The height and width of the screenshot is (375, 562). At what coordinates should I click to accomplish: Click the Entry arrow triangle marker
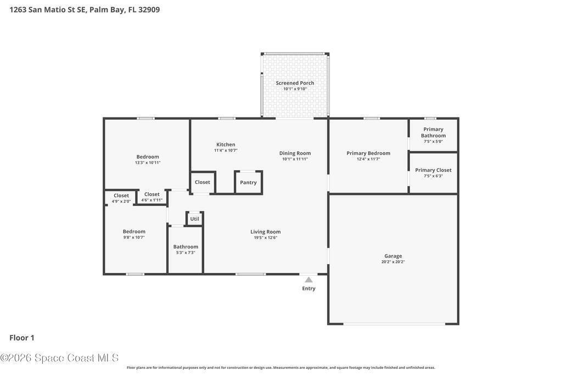click(308, 279)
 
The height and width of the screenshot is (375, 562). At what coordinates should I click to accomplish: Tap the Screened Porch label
click(295, 83)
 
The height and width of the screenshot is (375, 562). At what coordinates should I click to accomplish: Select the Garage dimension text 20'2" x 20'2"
click(393, 262)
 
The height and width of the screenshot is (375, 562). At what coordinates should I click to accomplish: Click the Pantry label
click(249, 182)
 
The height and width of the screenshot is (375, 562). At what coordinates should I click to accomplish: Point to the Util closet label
click(195, 219)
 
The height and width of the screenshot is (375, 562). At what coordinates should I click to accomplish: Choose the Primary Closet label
click(434, 170)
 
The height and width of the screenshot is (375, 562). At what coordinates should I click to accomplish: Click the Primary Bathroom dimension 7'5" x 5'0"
click(434, 141)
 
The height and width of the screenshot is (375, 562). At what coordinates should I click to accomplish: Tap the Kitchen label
click(226, 144)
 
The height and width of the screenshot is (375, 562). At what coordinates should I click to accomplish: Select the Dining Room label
click(295, 153)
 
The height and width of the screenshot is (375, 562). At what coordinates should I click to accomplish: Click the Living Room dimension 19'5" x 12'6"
click(266, 237)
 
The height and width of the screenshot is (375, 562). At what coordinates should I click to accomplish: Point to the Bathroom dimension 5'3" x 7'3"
click(186, 253)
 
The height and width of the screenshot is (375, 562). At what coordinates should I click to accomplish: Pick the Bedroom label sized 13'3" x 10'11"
click(148, 156)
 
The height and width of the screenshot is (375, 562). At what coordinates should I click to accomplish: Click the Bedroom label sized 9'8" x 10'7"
click(134, 232)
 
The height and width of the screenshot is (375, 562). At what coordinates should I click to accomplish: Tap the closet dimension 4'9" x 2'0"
click(121, 202)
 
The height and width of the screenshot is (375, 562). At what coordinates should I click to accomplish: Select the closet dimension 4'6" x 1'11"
click(152, 200)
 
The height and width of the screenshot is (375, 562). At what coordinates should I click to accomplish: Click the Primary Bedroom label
click(368, 153)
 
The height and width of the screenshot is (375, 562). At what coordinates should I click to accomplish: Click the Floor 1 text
click(22, 338)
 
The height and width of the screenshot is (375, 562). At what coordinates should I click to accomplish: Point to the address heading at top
click(85, 10)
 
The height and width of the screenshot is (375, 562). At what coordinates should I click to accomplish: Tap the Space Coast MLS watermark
click(59, 358)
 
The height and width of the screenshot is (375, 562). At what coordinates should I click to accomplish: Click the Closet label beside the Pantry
click(203, 182)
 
